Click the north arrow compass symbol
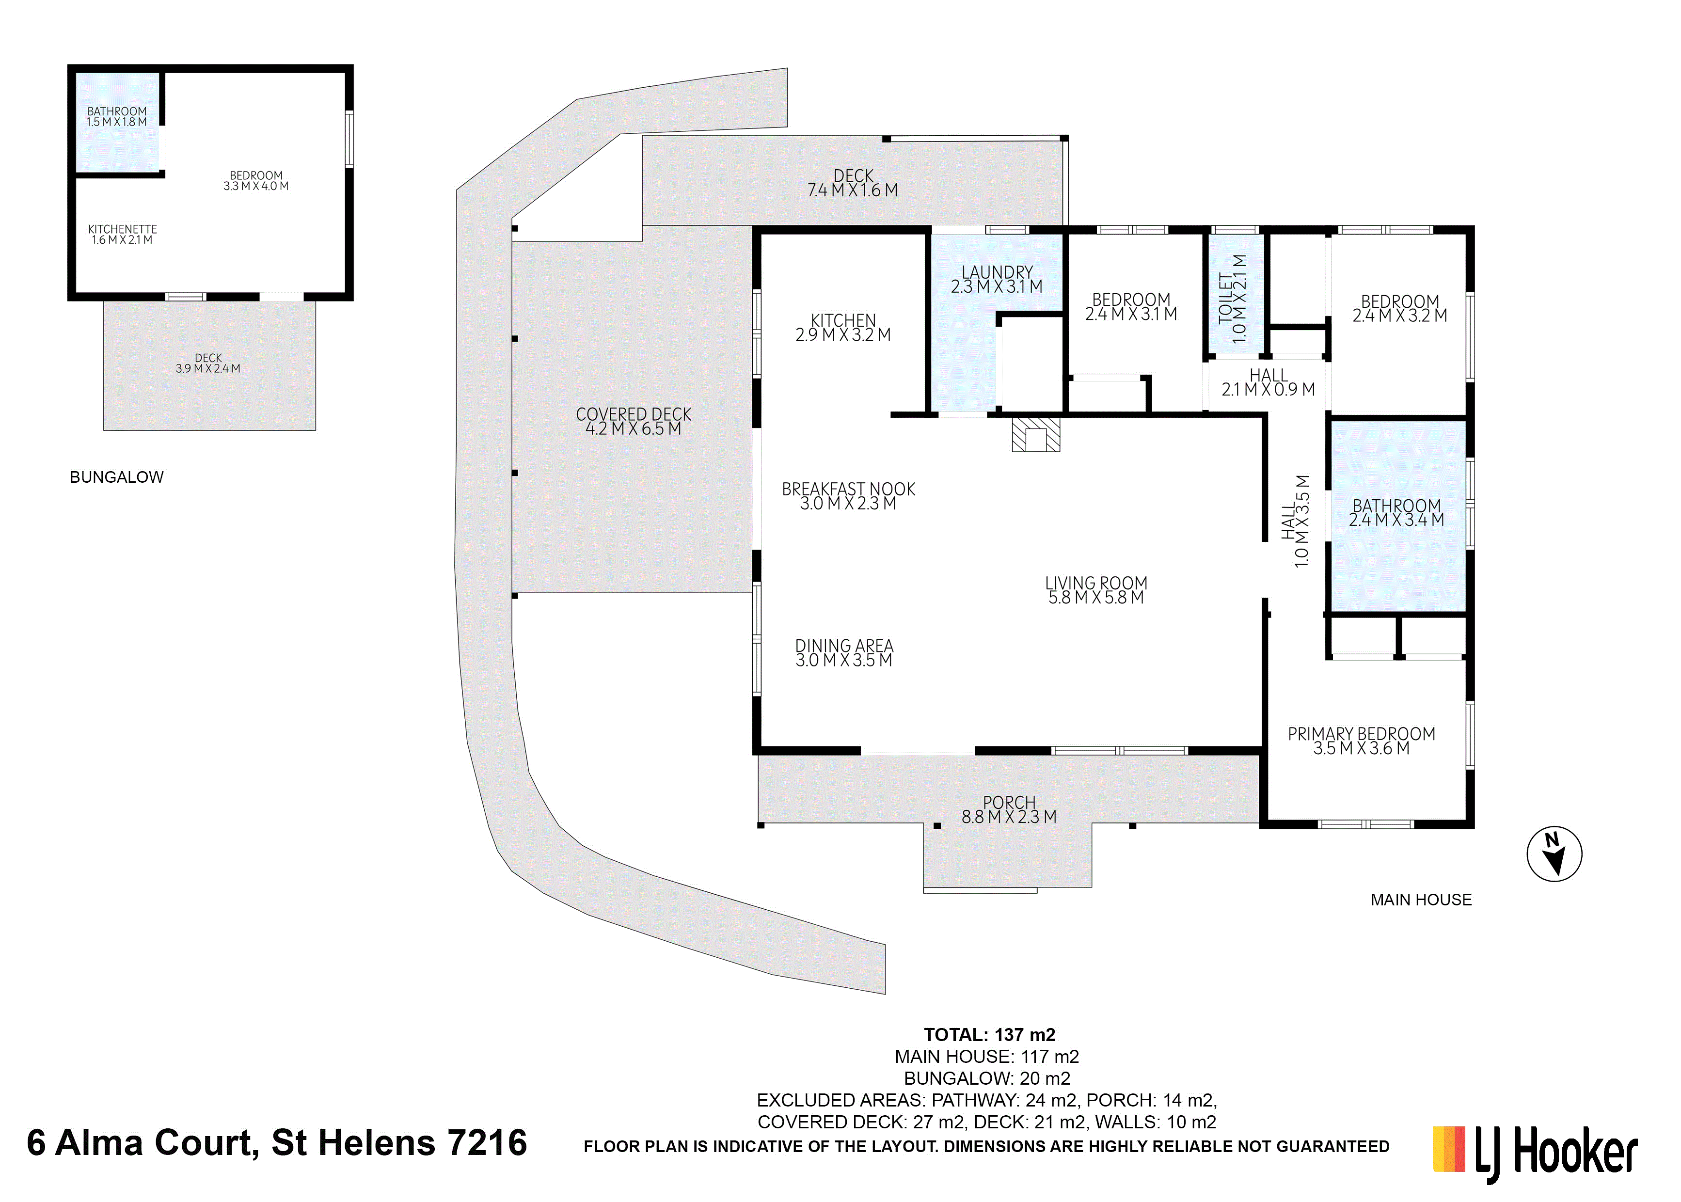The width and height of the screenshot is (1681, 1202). tap(1554, 854)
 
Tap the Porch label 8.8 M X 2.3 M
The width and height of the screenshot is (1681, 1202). tap(1009, 810)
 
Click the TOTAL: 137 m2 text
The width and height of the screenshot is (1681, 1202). tap(990, 1035)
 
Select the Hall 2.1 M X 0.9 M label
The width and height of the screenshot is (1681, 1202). tap(1268, 382)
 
